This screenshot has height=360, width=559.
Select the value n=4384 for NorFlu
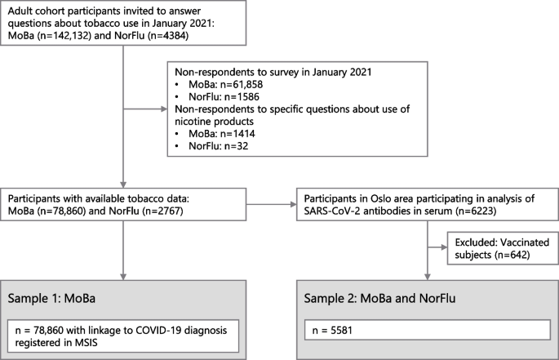(x=168, y=36)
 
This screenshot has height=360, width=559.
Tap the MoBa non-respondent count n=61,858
(x=241, y=85)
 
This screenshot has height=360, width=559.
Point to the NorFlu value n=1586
(x=242, y=96)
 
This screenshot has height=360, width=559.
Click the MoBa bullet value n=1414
(x=237, y=134)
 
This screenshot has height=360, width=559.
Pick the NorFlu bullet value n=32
(x=236, y=146)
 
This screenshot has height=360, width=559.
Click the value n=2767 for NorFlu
(x=162, y=211)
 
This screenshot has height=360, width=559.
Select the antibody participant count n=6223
(x=476, y=211)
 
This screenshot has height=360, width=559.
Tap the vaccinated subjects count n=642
(x=512, y=255)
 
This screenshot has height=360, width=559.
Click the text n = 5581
(x=332, y=331)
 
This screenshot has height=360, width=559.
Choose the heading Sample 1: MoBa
(x=51, y=298)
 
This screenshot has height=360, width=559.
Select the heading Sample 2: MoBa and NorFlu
(x=379, y=298)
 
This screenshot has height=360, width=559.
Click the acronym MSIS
(x=86, y=343)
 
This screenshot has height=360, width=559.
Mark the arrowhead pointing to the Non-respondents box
(x=164, y=109)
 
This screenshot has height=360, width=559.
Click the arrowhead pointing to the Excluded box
(x=444, y=247)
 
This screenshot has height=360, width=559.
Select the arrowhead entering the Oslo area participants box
(x=294, y=204)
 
